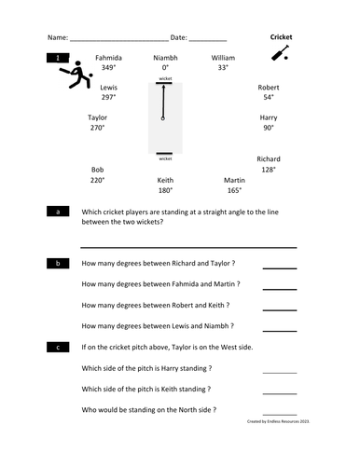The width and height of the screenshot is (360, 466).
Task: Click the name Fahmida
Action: [108, 58]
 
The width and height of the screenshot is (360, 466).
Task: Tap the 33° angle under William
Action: [223, 68]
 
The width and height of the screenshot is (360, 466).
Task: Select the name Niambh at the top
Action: [165, 58]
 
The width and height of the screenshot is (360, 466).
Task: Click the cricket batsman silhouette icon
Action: [80, 76]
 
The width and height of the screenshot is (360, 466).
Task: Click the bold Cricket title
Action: [281, 37]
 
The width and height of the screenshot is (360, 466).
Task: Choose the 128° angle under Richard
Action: [268, 170]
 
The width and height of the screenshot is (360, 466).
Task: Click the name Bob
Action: [97, 170]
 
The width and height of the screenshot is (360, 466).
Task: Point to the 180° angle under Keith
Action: [165, 190]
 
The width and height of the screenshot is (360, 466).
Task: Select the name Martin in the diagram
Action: [234, 180]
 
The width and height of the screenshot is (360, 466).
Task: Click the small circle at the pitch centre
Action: [164, 119]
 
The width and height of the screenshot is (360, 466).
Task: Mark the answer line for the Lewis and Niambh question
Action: [279, 329]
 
